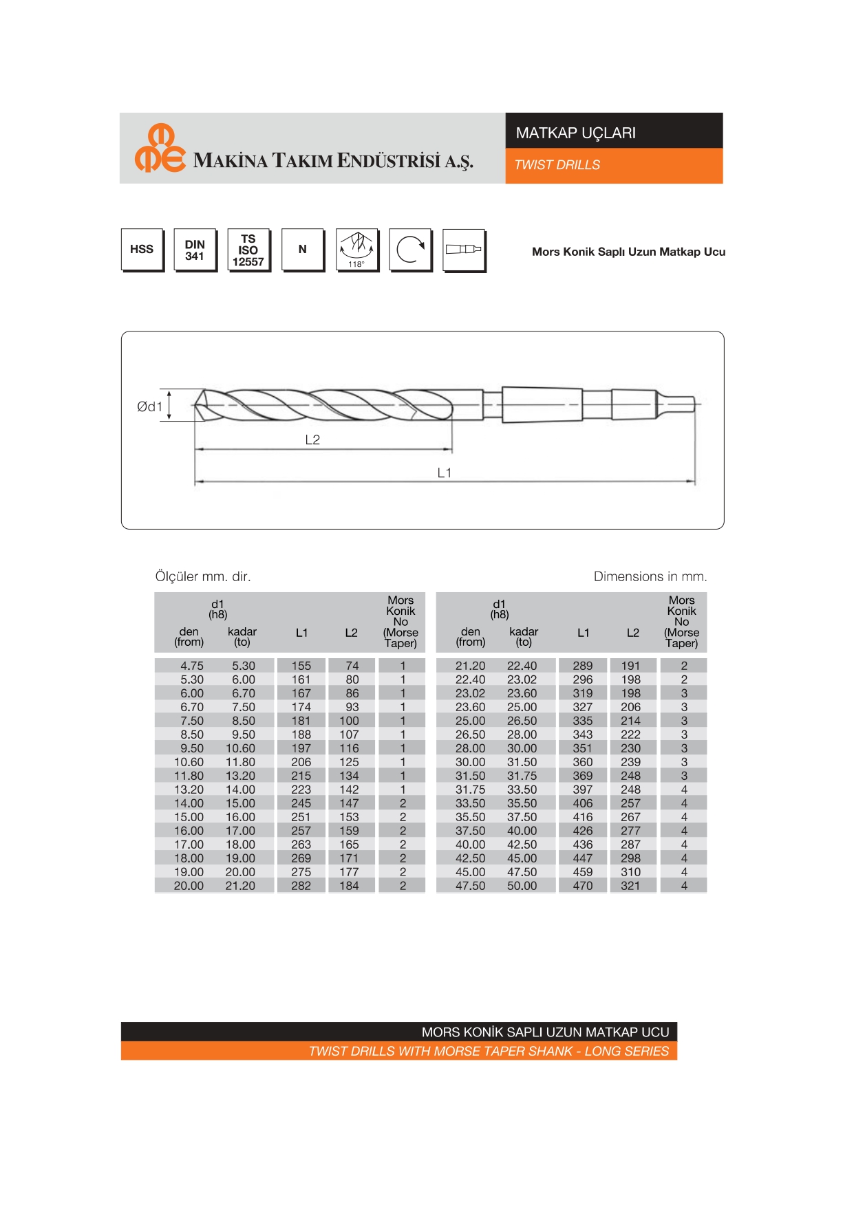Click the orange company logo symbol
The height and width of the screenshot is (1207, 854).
[x=160, y=149]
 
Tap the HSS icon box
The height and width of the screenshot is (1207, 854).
[x=142, y=249]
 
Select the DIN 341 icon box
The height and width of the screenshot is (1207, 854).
[x=195, y=250]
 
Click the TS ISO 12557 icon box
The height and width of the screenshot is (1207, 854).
[x=248, y=250]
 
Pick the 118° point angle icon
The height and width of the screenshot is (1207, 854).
[x=356, y=250]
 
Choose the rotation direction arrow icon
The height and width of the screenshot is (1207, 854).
[x=410, y=250]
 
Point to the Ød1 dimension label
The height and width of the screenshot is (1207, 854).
[x=149, y=406]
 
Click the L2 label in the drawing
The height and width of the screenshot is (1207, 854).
[x=312, y=439]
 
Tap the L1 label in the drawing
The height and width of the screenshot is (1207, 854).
[x=445, y=472]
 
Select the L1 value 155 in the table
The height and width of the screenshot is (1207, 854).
[x=301, y=666]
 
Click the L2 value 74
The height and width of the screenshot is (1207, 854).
[x=352, y=666]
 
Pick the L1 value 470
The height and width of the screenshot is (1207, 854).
[x=583, y=886]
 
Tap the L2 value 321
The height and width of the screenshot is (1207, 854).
[x=631, y=886]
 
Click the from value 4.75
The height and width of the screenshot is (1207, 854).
[x=192, y=666]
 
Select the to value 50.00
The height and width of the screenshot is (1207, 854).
[x=522, y=886]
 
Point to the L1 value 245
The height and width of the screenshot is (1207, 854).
[x=301, y=803]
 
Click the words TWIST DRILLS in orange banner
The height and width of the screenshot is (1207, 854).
[x=557, y=165]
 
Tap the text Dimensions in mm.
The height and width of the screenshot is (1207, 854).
[x=650, y=576]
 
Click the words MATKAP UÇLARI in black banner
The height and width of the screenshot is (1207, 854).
[x=576, y=133]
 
